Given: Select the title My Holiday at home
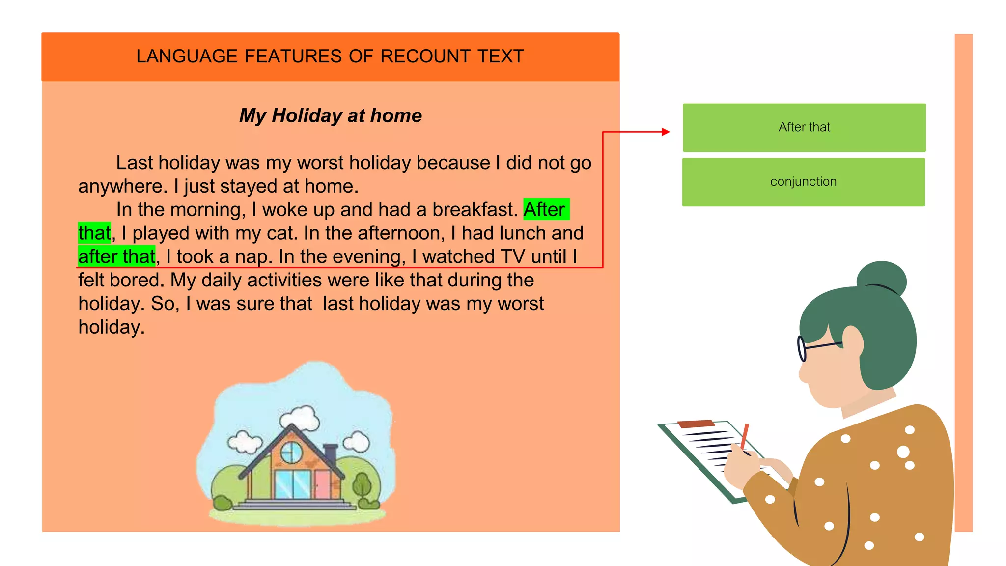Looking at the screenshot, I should (330, 116).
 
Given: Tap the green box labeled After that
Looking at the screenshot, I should (804, 127).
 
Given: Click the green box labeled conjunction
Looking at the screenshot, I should (803, 182).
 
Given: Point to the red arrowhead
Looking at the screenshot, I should (666, 132).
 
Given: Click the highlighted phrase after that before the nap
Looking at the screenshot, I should (116, 256).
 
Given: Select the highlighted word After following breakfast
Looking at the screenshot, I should (544, 210).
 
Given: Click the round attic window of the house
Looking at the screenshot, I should (292, 452).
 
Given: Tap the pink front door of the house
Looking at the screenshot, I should (323, 484).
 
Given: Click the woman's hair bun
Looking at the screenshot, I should (882, 280).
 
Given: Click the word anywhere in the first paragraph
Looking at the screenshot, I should (122, 187).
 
